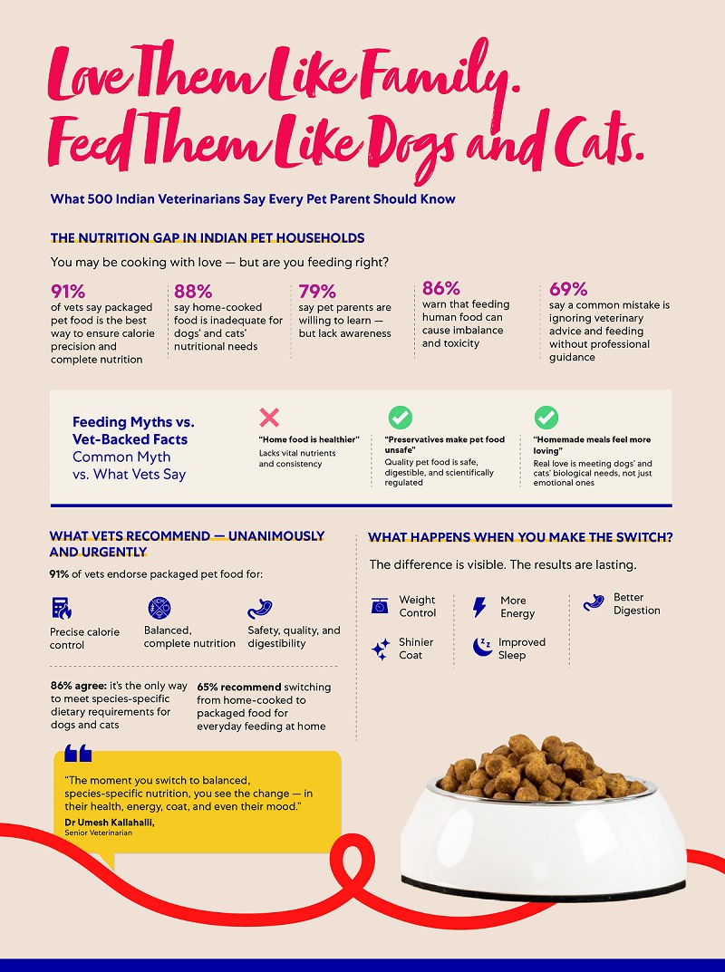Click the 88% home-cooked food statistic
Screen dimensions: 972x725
[x=193, y=292]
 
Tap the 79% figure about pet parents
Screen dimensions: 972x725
[x=317, y=292]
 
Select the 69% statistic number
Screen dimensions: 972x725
[x=568, y=289]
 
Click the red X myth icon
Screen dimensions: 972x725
[x=269, y=418]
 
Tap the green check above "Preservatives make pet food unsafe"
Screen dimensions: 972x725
[x=400, y=418]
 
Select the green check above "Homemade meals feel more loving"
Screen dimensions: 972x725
[x=546, y=418]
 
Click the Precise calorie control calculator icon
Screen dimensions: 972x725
[x=62, y=608]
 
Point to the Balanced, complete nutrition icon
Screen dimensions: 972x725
[x=159, y=608]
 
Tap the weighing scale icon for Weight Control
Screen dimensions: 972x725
[x=380, y=606]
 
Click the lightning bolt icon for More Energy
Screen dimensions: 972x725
[x=479, y=607]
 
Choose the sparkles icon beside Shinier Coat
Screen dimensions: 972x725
[x=381, y=649]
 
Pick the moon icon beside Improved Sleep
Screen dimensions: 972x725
[x=481, y=647]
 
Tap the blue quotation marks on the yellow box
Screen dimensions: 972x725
[x=78, y=754]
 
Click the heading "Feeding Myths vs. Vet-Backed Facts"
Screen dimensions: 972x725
[x=133, y=429]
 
